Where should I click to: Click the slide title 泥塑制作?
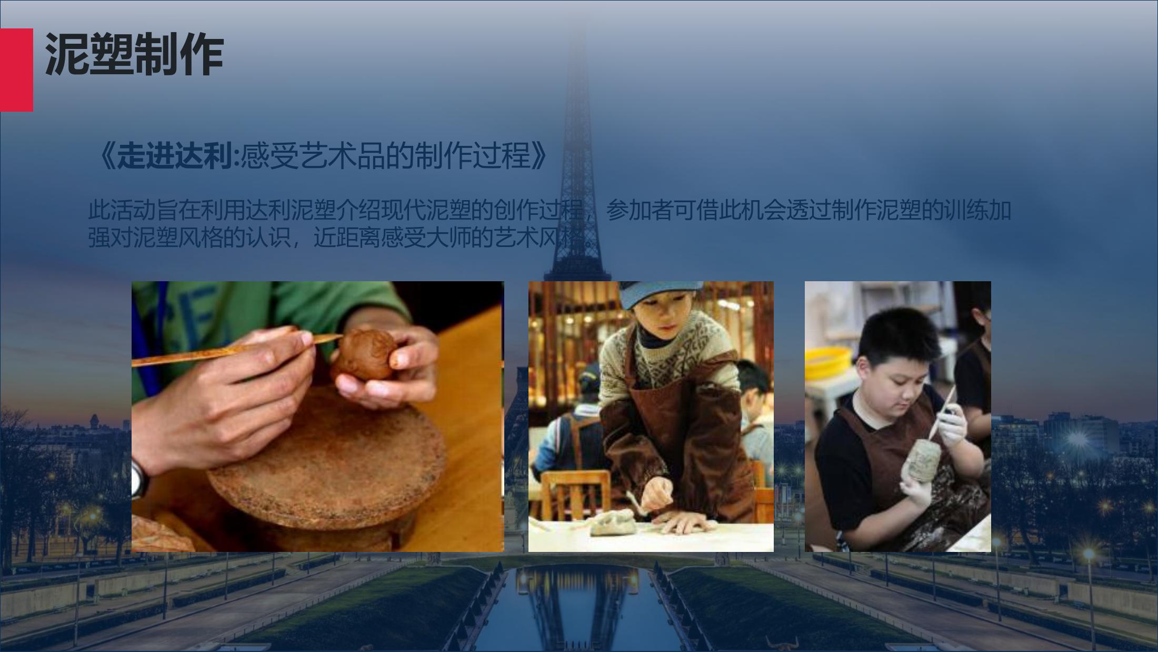(134, 55)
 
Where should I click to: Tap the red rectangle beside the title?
(16, 70)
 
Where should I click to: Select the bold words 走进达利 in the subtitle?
(174, 156)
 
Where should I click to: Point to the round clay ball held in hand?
(364, 354)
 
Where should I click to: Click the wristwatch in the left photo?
(139, 478)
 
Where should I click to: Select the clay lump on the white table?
(613, 522)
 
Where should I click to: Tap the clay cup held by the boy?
(926, 461)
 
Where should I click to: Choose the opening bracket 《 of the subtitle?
(105, 156)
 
